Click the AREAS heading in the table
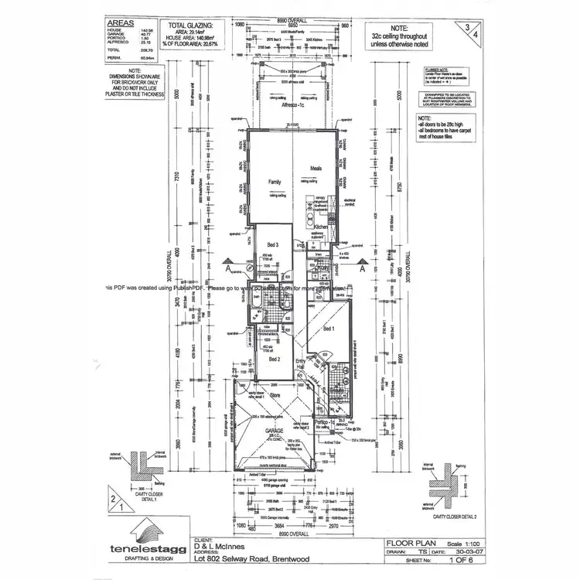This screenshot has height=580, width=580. coord(121,24)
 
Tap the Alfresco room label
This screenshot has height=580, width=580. coord(292,114)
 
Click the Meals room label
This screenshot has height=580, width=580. coord(316,168)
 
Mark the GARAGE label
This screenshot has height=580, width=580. coord(275,431)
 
